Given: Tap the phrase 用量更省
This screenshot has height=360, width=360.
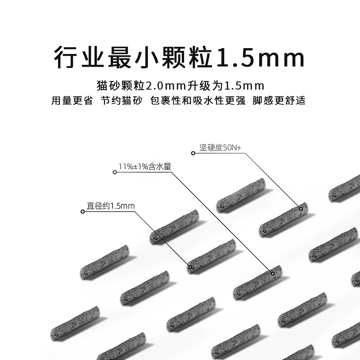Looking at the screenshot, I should click(72, 100).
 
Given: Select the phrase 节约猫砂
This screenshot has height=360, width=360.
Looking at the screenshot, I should click(120, 100).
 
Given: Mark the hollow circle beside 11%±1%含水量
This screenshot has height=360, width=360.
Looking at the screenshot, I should click(114, 172).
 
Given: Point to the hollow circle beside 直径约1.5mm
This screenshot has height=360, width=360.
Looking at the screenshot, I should click(82, 211).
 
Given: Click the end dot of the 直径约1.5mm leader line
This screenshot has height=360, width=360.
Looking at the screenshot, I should click(190, 267).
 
